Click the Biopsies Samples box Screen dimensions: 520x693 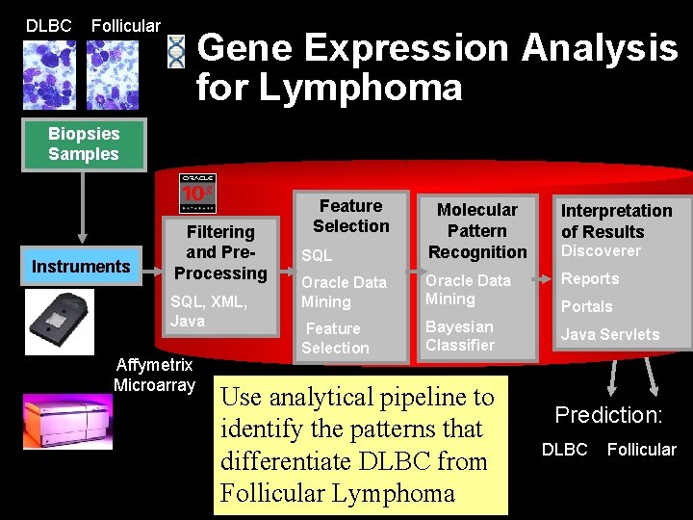click(84, 143)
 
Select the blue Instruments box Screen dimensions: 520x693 click(81, 267)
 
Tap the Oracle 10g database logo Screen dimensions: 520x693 click(197, 193)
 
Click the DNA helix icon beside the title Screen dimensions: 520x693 click(176, 52)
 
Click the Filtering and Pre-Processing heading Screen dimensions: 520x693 click(220, 252)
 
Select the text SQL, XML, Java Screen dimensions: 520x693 click(209, 311)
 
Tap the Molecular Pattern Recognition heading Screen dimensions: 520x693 click(477, 231)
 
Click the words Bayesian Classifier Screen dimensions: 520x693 click(460, 336)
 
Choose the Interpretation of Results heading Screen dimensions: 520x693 click(616, 221)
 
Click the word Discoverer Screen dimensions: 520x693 click(601, 251)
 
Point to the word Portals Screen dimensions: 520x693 click(587, 306)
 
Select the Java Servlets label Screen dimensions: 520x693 click(610, 335)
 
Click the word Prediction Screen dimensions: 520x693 click(608, 415)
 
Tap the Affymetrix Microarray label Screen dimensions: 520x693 click(154, 376)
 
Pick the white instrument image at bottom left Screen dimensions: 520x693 click(66, 421)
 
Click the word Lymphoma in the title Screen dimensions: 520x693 click(361, 88)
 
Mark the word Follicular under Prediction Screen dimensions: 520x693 click(641, 450)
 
